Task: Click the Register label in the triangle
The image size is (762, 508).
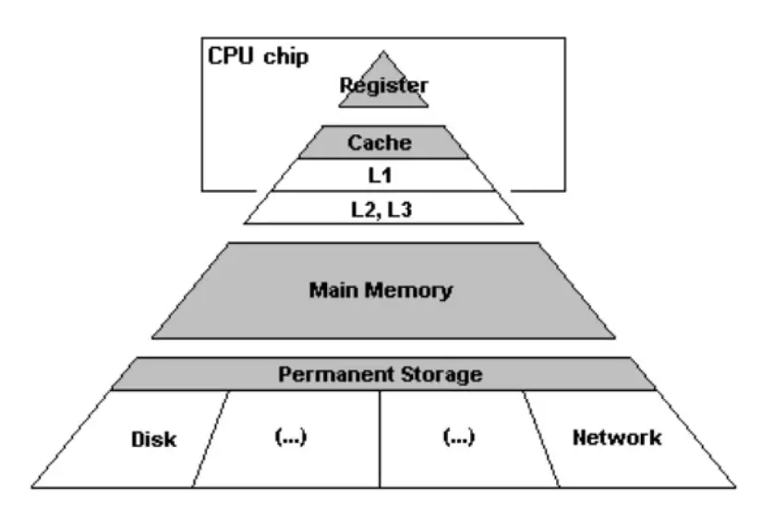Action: [x=383, y=85]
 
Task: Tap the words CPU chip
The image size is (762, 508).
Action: [x=258, y=54]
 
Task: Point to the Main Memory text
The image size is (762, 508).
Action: [x=381, y=290]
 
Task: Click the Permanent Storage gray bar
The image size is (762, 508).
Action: [x=381, y=375]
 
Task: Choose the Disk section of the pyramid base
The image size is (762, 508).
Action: [x=153, y=438]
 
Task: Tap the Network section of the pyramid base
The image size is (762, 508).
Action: [x=617, y=437]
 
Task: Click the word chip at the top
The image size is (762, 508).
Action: [x=286, y=54]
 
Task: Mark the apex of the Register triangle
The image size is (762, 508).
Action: [x=382, y=54]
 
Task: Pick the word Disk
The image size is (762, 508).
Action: [x=153, y=438]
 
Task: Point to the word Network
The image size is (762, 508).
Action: [x=617, y=437]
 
